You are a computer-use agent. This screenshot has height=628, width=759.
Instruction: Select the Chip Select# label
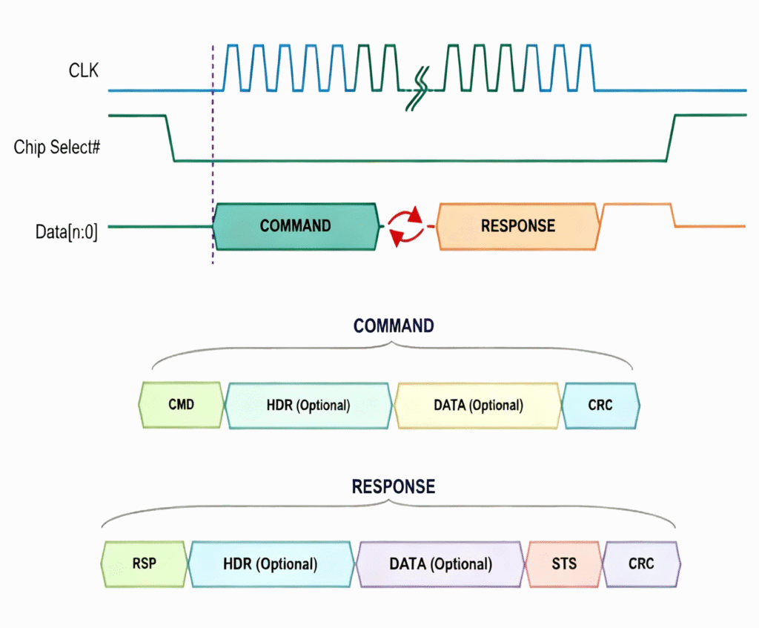coord(57,147)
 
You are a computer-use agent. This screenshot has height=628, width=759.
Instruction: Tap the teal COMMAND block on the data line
coord(295,225)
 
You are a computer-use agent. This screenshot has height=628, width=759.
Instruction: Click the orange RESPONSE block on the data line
coord(517,225)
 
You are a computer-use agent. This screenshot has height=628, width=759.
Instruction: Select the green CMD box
coord(181,406)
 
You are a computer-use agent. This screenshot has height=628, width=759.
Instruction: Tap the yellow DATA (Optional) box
coord(478,406)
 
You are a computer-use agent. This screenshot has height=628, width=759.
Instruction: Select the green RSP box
coord(145,563)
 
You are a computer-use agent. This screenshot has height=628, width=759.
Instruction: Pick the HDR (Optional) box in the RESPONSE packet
coord(271,563)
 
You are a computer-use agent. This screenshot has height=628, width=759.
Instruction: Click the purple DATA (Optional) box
coord(440,563)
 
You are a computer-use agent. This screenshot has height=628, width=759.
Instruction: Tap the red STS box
coord(564,563)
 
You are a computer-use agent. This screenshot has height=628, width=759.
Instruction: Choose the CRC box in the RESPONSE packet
coord(641,563)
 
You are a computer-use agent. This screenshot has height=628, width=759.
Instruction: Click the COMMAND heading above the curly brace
coord(394,326)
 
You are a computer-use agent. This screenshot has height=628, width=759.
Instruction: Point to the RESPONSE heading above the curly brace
coord(394,487)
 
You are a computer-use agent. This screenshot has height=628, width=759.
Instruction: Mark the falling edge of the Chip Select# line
coord(169,138)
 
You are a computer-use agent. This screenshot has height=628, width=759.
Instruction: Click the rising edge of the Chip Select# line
coord(670,138)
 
